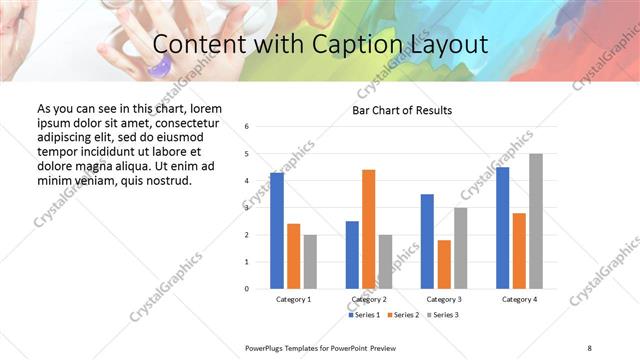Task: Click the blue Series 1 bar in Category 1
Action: [x=277, y=231]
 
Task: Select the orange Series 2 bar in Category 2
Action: [x=368, y=229]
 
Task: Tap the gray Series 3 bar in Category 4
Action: [x=536, y=221]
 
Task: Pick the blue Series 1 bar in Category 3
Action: [x=427, y=241]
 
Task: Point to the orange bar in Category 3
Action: [x=444, y=264]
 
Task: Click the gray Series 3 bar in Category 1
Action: [x=310, y=262]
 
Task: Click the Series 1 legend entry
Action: [x=365, y=315]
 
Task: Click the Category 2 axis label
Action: [x=369, y=299]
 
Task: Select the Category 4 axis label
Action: [x=519, y=299]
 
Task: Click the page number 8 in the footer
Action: [x=589, y=347]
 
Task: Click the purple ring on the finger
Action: [x=158, y=67]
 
